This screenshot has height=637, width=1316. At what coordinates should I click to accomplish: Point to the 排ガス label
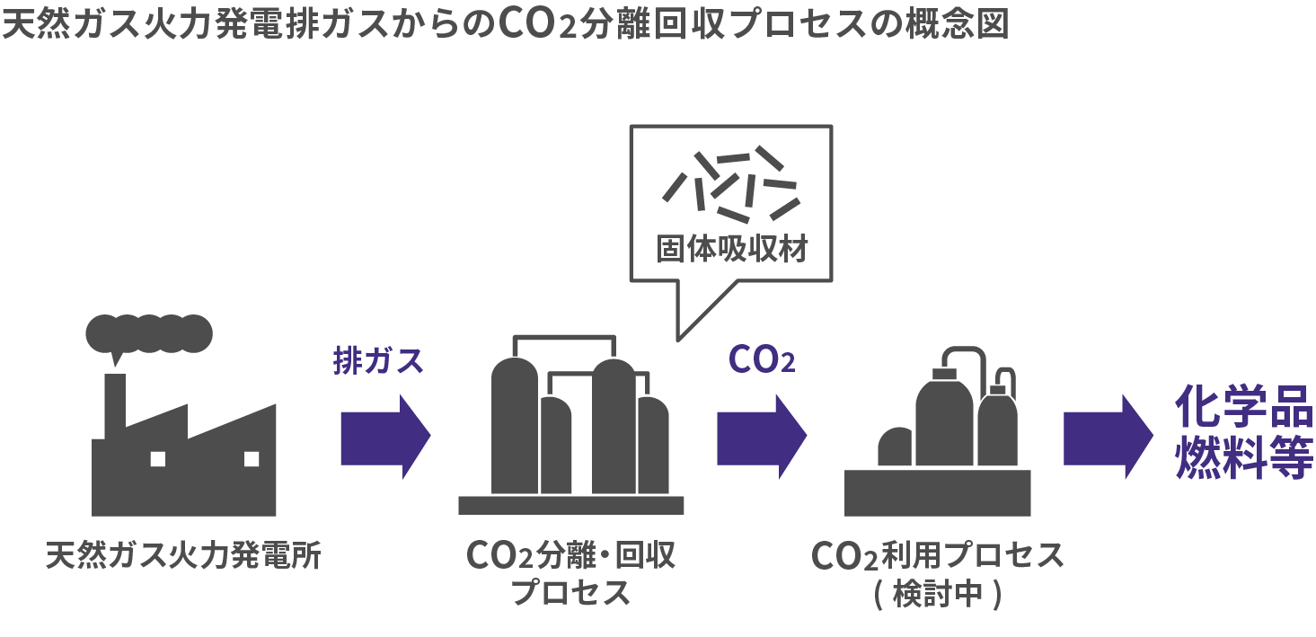[x=377, y=361]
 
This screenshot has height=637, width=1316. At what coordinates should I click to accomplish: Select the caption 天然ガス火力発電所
[x=183, y=556]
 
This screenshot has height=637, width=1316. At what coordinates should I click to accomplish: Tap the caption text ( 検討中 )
[x=937, y=596]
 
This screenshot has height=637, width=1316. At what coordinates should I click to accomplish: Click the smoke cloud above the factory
[x=149, y=333]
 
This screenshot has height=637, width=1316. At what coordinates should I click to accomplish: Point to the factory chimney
[x=115, y=404]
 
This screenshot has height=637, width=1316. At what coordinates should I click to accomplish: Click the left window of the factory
[x=158, y=459]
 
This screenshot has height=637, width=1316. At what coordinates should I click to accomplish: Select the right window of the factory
[x=251, y=459]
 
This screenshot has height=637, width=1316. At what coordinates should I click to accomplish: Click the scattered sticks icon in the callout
[x=729, y=184]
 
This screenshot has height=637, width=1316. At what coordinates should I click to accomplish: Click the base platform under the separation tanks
[x=570, y=505]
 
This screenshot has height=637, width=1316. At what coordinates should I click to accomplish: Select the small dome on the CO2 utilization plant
[x=895, y=447]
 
